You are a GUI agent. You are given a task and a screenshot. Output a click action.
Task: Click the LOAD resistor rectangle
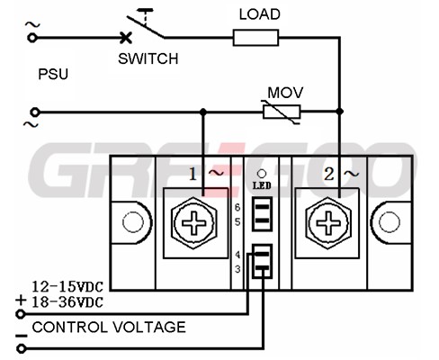click(255, 38)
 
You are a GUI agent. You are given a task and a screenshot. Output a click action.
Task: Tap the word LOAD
click(260, 14)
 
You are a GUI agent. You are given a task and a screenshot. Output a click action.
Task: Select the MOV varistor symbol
click(282, 112)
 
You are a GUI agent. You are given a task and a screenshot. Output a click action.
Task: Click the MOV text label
click(285, 93)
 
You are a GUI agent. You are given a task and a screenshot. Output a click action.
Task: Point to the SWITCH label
click(148, 58)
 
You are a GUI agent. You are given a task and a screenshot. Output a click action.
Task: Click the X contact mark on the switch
click(126, 38)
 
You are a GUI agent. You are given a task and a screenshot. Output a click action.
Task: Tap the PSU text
click(53, 74)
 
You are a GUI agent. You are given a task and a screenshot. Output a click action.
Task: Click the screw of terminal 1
click(194, 223)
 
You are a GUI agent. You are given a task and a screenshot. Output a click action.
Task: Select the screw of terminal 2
click(328, 223)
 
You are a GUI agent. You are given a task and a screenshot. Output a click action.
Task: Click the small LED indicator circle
click(262, 174)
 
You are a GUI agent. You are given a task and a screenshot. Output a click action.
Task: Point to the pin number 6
click(237, 207)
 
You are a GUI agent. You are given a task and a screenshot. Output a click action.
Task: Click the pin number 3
click(237, 269)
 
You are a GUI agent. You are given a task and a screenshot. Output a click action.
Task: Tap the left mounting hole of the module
click(133, 222)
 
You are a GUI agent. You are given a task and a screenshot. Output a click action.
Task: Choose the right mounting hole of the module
click(390, 222)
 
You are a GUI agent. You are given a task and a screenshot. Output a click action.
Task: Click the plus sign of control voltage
click(21, 300)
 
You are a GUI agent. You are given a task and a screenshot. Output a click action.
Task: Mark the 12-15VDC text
click(67, 287)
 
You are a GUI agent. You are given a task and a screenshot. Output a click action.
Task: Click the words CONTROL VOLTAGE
click(109, 327)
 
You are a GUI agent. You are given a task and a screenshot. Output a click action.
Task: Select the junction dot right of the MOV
click(339, 112)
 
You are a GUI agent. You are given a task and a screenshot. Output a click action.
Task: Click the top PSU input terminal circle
click(32, 38)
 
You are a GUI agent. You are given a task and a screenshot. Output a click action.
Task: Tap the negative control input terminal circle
click(21, 348)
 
